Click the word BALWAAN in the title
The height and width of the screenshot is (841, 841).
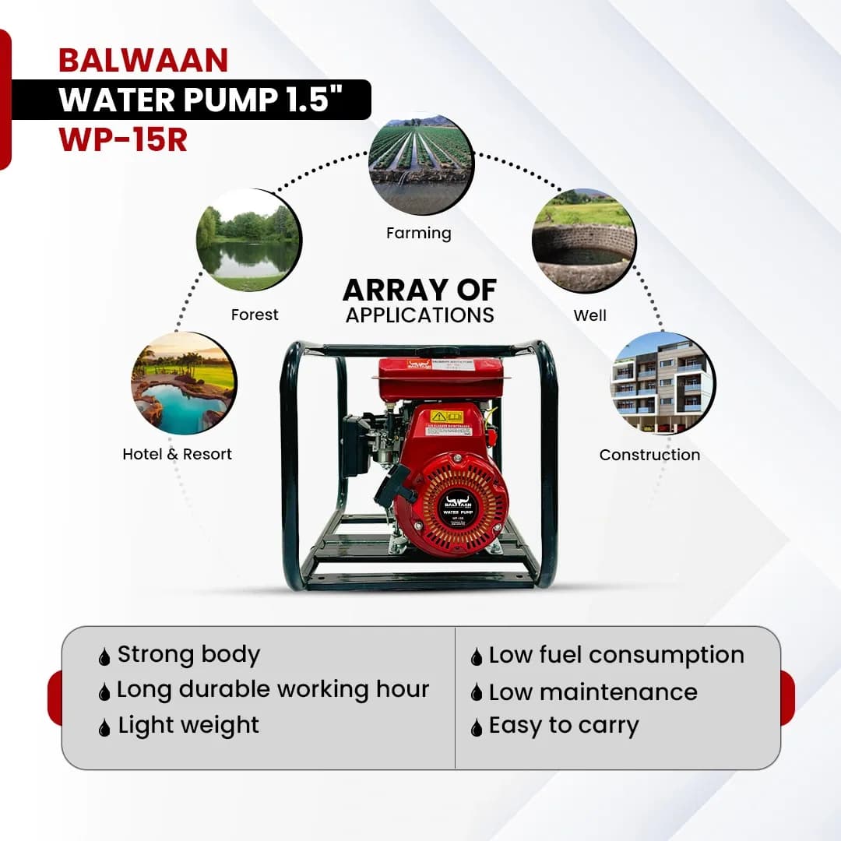click(x=143, y=61)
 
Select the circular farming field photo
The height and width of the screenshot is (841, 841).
click(x=420, y=164)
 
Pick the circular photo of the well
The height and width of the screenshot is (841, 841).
click(x=583, y=241)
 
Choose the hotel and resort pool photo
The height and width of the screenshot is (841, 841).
click(x=183, y=383)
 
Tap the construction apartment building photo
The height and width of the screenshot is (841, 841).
click(x=662, y=383)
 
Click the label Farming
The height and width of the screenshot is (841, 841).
click(x=419, y=233)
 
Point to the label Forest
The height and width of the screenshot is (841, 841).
click(x=255, y=315)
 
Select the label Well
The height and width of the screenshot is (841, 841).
click(x=589, y=315)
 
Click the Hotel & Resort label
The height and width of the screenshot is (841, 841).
click(x=178, y=454)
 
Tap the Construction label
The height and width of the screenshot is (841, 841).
click(x=649, y=455)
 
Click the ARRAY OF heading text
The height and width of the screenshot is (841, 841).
click(x=420, y=290)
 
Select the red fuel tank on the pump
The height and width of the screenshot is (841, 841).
click(x=440, y=378)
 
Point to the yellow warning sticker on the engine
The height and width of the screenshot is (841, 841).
click(x=447, y=417)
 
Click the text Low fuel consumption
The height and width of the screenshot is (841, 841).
click(x=616, y=656)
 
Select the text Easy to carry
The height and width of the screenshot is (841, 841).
click(x=564, y=726)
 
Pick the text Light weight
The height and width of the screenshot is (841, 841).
click(x=188, y=725)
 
